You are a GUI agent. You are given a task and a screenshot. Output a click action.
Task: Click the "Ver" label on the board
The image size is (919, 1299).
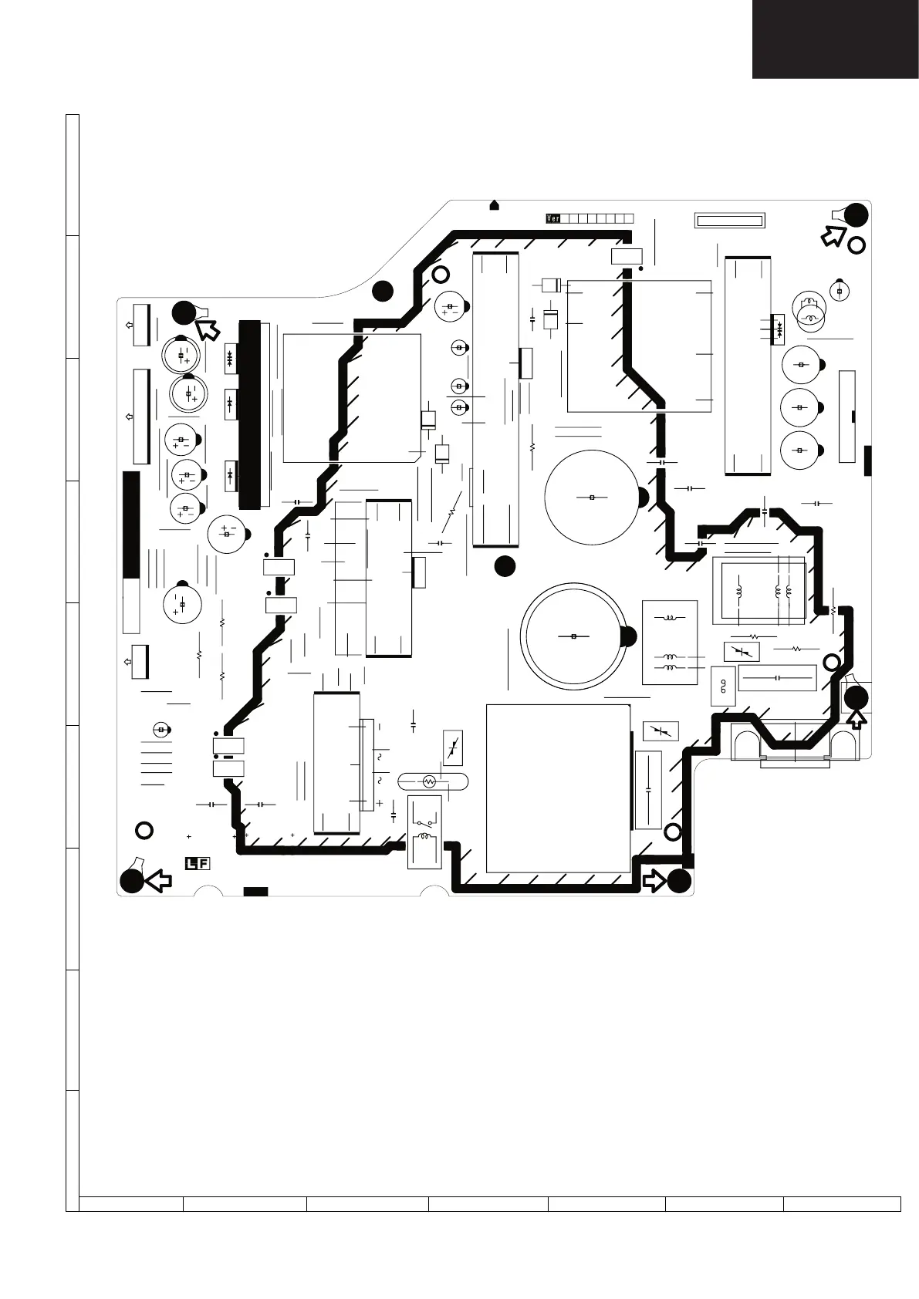point(552,218)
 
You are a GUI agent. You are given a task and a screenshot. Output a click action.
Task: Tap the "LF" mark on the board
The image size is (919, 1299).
point(197,863)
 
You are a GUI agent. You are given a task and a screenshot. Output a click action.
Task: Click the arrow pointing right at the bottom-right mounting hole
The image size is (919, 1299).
point(655,880)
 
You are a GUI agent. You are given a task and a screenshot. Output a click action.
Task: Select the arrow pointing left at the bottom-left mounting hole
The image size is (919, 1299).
point(158,880)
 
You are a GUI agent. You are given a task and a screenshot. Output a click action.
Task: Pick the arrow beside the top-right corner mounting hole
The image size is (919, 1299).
point(833,235)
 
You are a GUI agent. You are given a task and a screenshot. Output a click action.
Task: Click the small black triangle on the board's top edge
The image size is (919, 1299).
point(495,205)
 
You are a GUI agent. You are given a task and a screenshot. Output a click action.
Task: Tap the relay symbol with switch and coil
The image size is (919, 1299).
point(424,832)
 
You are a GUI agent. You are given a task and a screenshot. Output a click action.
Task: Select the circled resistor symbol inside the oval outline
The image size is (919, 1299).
point(431,781)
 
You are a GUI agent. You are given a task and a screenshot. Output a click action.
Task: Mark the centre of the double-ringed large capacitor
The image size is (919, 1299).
point(573,636)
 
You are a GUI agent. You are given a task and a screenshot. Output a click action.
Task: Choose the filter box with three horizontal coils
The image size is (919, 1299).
point(670,643)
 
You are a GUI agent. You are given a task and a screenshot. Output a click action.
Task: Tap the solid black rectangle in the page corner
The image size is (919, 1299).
point(836,39)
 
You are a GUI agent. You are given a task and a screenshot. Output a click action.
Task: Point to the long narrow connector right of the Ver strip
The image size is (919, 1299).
point(729,221)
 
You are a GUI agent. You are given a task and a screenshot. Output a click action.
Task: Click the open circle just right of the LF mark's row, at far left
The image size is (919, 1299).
point(144,830)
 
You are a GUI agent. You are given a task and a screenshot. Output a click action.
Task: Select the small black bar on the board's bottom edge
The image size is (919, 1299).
point(255,892)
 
